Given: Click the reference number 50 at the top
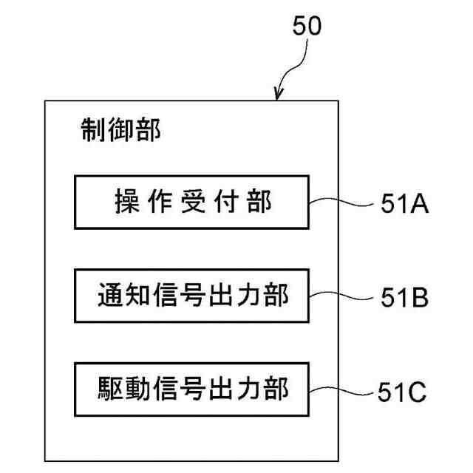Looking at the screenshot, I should click(x=307, y=27).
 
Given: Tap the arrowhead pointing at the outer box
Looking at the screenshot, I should click(x=279, y=95).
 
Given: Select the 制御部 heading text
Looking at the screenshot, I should click(x=119, y=131).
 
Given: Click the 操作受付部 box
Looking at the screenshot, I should click(x=191, y=201).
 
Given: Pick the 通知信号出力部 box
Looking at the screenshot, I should click(x=191, y=296).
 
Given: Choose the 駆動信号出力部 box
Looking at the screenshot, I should click(x=191, y=389).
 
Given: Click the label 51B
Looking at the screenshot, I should click(x=405, y=298).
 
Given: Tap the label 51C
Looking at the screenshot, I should click(x=404, y=392).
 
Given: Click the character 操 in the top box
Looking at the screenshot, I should click(x=126, y=201).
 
